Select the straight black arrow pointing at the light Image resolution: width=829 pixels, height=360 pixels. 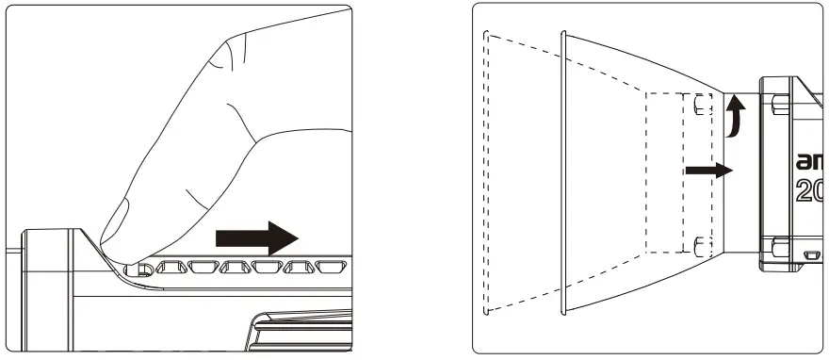(707, 171)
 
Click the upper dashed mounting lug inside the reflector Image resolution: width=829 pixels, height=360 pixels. (699, 103)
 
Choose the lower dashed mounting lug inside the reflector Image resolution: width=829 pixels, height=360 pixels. (699, 247)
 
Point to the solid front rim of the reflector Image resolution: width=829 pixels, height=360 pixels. (563, 174)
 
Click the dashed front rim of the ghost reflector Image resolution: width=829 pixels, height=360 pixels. (484, 174)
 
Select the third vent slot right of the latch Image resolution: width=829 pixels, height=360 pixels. (236, 268)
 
